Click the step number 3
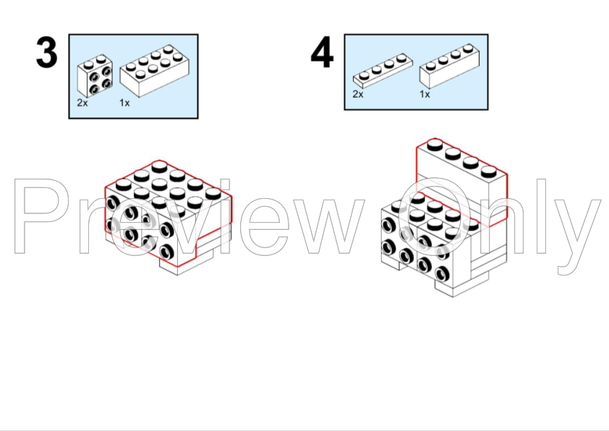tap(46, 53)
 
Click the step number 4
tap(322, 53)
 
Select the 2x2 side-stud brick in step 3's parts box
tap(95, 76)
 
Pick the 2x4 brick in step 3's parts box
tap(155, 71)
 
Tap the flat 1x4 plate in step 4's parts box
tap(383, 70)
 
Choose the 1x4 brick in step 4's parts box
tap(449, 66)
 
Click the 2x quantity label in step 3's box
tap(82, 103)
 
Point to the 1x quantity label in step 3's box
tap(124, 103)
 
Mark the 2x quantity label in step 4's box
tap(358, 94)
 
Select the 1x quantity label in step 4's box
tap(425, 94)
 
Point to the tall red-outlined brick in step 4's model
tap(462, 182)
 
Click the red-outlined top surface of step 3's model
tap(168, 188)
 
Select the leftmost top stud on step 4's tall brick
tap(435, 145)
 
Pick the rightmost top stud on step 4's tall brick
tap(489, 171)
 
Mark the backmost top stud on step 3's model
tap(160, 167)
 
